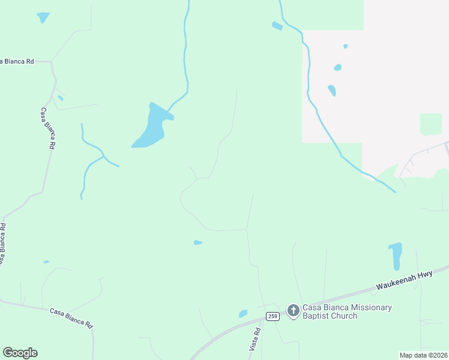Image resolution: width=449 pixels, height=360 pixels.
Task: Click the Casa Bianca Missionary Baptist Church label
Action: (x=346, y=311)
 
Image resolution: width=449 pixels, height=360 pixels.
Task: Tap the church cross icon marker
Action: (x=293, y=310)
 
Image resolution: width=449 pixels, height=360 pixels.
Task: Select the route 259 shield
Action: (x=273, y=316)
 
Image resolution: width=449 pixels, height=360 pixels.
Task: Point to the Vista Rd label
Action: (x=255, y=340)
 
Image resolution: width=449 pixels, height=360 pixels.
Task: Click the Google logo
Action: (x=20, y=353)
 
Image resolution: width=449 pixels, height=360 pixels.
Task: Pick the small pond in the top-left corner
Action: (x=43, y=17)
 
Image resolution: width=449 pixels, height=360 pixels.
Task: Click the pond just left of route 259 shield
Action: (x=243, y=313)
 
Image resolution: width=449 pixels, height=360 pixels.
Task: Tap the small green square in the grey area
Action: (x=430, y=124)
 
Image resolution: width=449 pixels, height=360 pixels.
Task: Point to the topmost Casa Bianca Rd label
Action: (x=17, y=61)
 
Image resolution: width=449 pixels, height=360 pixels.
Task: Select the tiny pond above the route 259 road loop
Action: (x=197, y=242)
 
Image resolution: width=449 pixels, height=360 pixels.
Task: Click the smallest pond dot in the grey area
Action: (x=345, y=46)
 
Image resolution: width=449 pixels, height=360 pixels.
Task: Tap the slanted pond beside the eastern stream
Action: (x=331, y=91)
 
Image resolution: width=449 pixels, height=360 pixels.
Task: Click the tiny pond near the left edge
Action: (x=46, y=262)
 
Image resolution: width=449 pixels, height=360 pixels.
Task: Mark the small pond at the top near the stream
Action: (x=277, y=26)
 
